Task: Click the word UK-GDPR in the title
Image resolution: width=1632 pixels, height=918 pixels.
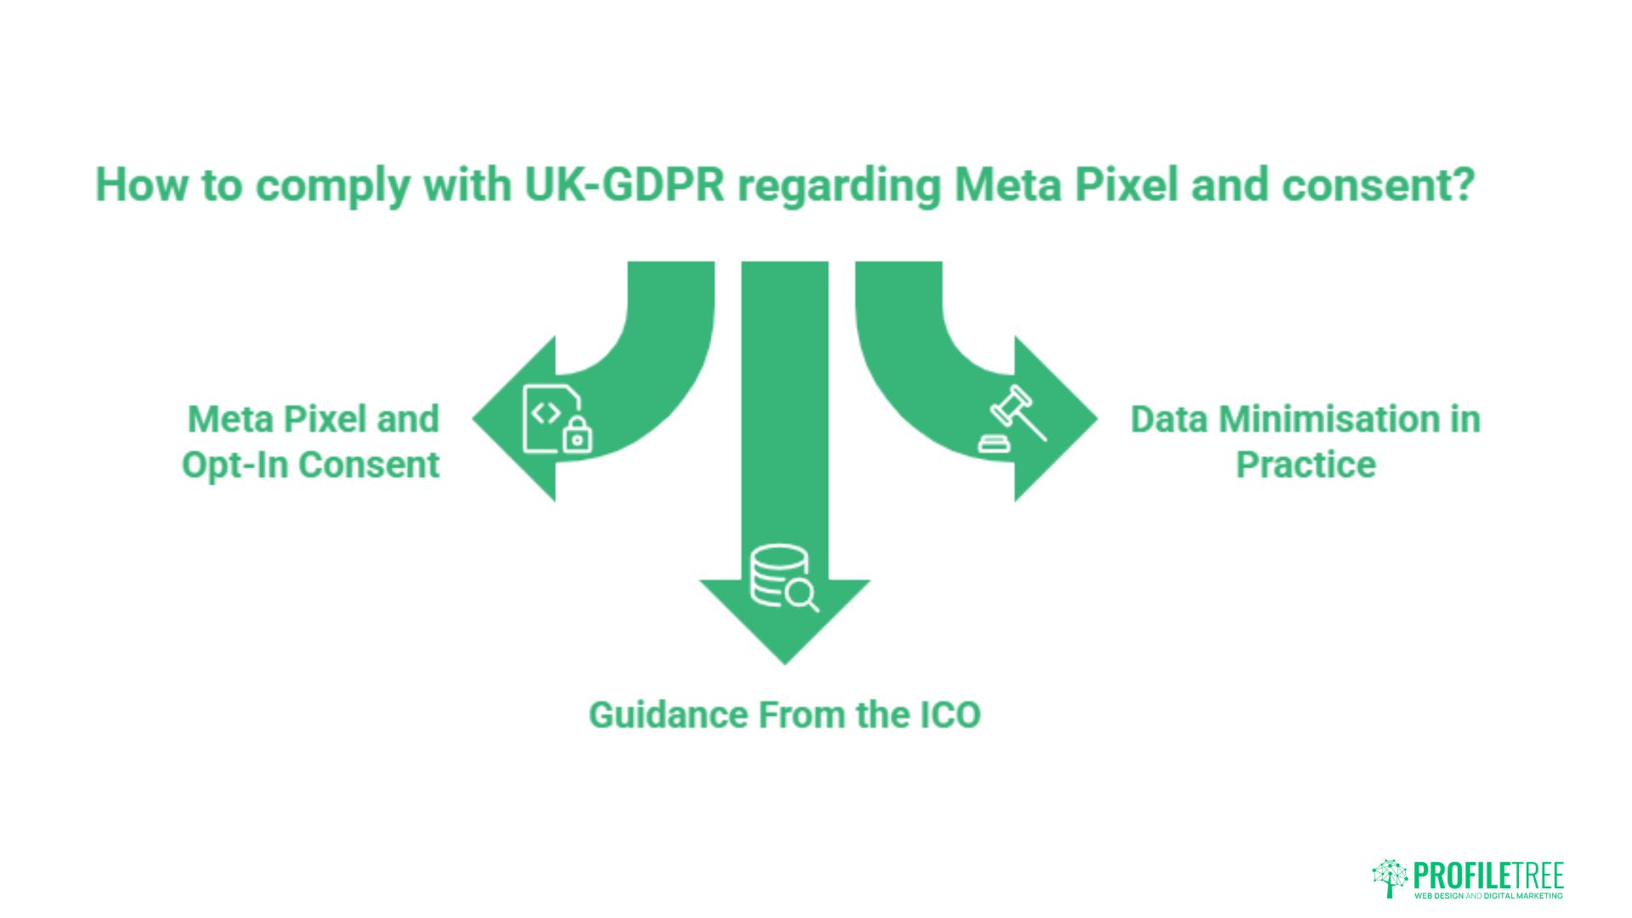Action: pyautogui.click(x=625, y=184)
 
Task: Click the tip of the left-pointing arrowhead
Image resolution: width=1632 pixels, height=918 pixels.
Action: pyautogui.click(x=473, y=419)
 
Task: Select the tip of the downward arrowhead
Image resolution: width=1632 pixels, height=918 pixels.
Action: pyautogui.click(x=785, y=664)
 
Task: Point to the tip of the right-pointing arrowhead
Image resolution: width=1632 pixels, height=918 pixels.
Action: pyautogui.click(x=1097, y=419)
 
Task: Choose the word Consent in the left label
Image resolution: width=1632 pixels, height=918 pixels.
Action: pyautogui.click(x=370, y=465)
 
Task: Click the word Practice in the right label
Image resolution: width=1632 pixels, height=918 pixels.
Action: pyautogui.click(x=1306, y=465)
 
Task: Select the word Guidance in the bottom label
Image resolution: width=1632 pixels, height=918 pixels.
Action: pyautogui.click(x=669, y=715)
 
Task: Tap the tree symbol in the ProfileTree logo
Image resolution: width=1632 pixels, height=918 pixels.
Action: pyautogui.click(x=1391, y=878)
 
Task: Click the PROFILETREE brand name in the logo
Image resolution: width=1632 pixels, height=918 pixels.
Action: pyautogui.click(x=1488, y=875)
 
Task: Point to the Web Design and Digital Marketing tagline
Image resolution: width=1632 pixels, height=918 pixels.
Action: pyautogui.click(x=1488, y=895)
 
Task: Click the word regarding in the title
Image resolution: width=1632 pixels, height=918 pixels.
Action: pyautogui.click(x=840, y=184)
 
